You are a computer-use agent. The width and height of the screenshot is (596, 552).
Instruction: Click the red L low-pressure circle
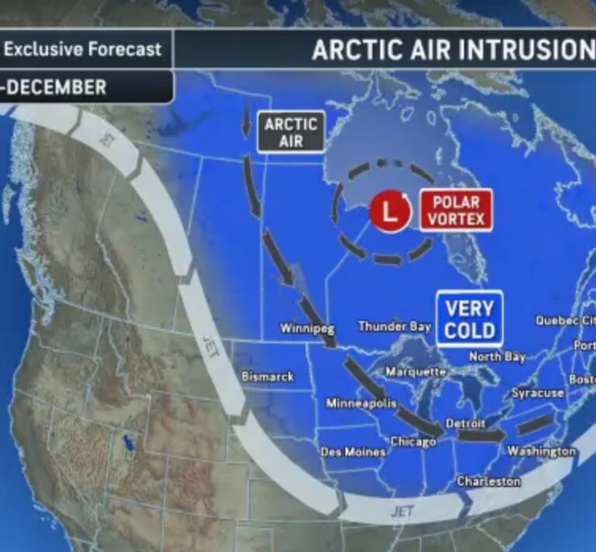click(x=389, y=210)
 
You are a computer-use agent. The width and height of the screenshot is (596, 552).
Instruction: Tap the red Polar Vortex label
click(x=456, y=210)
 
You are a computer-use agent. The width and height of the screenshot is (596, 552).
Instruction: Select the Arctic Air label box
click(x=291, y=132)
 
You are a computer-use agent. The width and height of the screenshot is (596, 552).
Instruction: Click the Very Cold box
click(x=469, y=318)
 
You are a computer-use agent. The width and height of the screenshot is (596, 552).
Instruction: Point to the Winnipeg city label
click(x=307, y=328)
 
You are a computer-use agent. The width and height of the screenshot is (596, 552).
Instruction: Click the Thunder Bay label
click(x=394, y=326)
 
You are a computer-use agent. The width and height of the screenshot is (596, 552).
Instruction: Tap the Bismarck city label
click(x=268, y=376)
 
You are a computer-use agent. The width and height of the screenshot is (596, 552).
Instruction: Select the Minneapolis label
click(x=361, y=403)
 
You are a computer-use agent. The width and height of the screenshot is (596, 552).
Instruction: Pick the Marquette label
click(x=415, y=372)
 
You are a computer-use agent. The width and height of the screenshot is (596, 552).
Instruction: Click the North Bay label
click(x=497, y=356)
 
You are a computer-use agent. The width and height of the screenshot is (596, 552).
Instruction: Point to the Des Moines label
click(x=353, y=451)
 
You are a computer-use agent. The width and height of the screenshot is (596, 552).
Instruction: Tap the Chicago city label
click(x=413, y=442)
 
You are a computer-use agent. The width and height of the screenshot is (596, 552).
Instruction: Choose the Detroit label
click(x=466, y=423)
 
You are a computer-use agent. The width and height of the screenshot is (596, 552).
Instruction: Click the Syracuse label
click(x=537, y=393)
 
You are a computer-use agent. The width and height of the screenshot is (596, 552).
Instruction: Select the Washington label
click(x=542, y=451)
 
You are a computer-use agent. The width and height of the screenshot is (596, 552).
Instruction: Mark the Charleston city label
click(x=488, y=481)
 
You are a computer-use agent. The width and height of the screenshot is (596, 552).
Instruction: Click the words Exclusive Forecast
click(x=83, y=50)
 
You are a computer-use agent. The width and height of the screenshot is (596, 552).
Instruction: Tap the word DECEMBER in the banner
click(x=57, y=87)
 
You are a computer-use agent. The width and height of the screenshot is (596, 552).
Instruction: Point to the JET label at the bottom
click(x=401, y=510)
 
